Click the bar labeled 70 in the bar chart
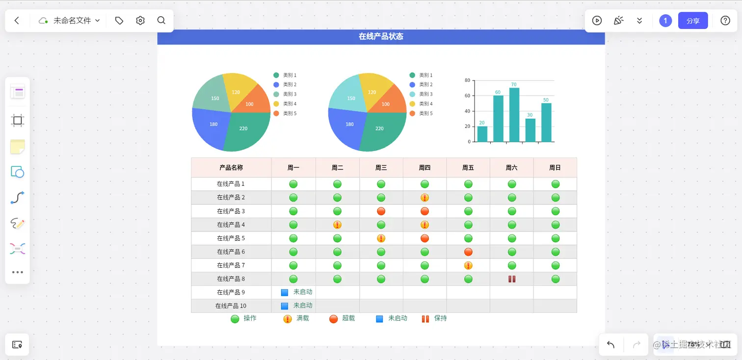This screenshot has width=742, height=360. [x=514, y=115]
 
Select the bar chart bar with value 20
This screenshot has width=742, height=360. [x=482, y=134]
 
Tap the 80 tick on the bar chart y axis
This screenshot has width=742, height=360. [x=467, y=80]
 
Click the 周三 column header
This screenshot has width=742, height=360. [x=381, y=168]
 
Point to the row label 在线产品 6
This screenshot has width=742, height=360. [x=231, y=252]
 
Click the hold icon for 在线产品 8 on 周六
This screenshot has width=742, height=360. [x=512, y=279]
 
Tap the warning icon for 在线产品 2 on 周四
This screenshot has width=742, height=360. [x=424, y=198]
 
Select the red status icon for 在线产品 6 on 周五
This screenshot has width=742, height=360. [x=468, y=252]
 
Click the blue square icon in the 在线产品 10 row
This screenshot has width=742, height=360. [x=285, y=306]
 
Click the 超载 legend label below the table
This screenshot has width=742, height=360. [x=348, y=318]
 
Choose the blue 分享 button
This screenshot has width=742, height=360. [x=692, y=21]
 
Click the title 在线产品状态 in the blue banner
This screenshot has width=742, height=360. [x=381, y=37]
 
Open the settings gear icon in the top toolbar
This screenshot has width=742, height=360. [x=140, y=21]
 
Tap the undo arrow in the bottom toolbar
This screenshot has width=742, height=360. [x=610, y=344]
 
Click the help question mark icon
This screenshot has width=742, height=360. [x=725, y=21]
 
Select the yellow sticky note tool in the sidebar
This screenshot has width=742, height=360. [x=18, y=146]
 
